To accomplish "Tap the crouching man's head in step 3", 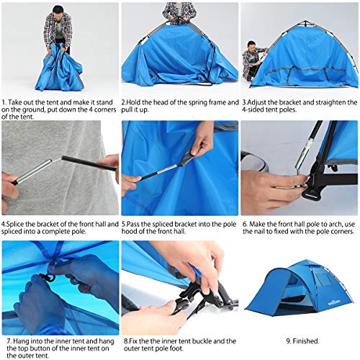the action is [x=251, y=45].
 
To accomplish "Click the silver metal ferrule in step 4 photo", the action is [x=33, y=171].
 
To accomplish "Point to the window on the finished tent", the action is [x=323, y=279].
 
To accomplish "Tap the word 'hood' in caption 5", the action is [x=130, y=232].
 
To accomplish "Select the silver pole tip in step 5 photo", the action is [x=167, y=169].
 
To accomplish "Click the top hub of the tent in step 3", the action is [x=305, y=24].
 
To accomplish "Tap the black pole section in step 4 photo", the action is [x=89, y=163].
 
